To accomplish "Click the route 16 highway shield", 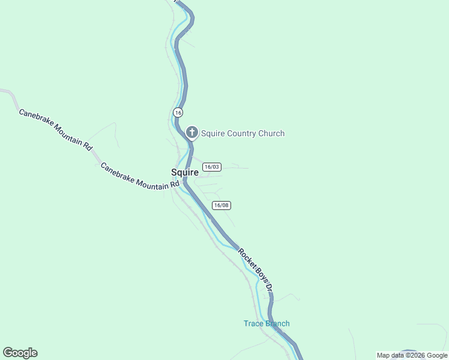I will tap(178, 112).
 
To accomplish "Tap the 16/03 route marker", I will tap(212, 167).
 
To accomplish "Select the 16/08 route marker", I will tap(221, 205).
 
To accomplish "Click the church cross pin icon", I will tap(192, 133).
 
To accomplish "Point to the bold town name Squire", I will tap(185, 172).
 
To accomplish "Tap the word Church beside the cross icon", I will tap(271, 133).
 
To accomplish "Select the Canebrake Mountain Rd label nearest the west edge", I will tap(55, 129).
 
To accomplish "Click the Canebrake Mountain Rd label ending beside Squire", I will tap(140, 177).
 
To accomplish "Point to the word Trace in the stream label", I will tap(253, 323).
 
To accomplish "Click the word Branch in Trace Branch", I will tap(277, 323).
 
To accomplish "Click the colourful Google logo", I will tap(20, 353).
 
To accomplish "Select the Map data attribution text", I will tap(390, 355).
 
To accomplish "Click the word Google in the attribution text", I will tap(437, 355).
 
